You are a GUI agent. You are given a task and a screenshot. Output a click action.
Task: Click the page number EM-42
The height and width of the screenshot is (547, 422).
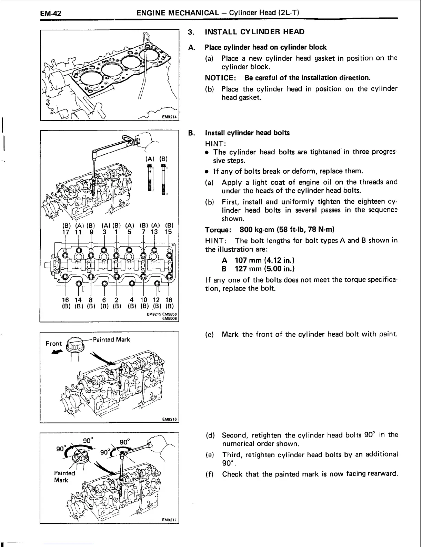[x=50, y=14]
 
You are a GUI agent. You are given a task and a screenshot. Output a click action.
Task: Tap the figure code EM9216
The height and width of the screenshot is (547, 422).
[x=169, y=419]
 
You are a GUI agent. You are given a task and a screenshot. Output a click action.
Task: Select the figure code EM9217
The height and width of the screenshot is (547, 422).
[x=169, y=520]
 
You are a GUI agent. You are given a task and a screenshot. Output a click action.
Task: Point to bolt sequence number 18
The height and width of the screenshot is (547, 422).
[x=169, y=300]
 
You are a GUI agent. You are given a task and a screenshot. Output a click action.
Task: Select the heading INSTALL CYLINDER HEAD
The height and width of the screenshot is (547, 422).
[x=254, y=32]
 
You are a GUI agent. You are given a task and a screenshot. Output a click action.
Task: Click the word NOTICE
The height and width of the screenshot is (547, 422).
[x=220, y=78]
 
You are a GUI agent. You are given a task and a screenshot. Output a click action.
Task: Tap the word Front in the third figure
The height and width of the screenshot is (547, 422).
[x=53, y=343]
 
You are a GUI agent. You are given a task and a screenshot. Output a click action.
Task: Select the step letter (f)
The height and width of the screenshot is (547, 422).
[x=210, y=474]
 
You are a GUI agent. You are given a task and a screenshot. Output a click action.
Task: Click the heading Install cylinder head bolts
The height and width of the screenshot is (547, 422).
[x=247, y=133]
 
